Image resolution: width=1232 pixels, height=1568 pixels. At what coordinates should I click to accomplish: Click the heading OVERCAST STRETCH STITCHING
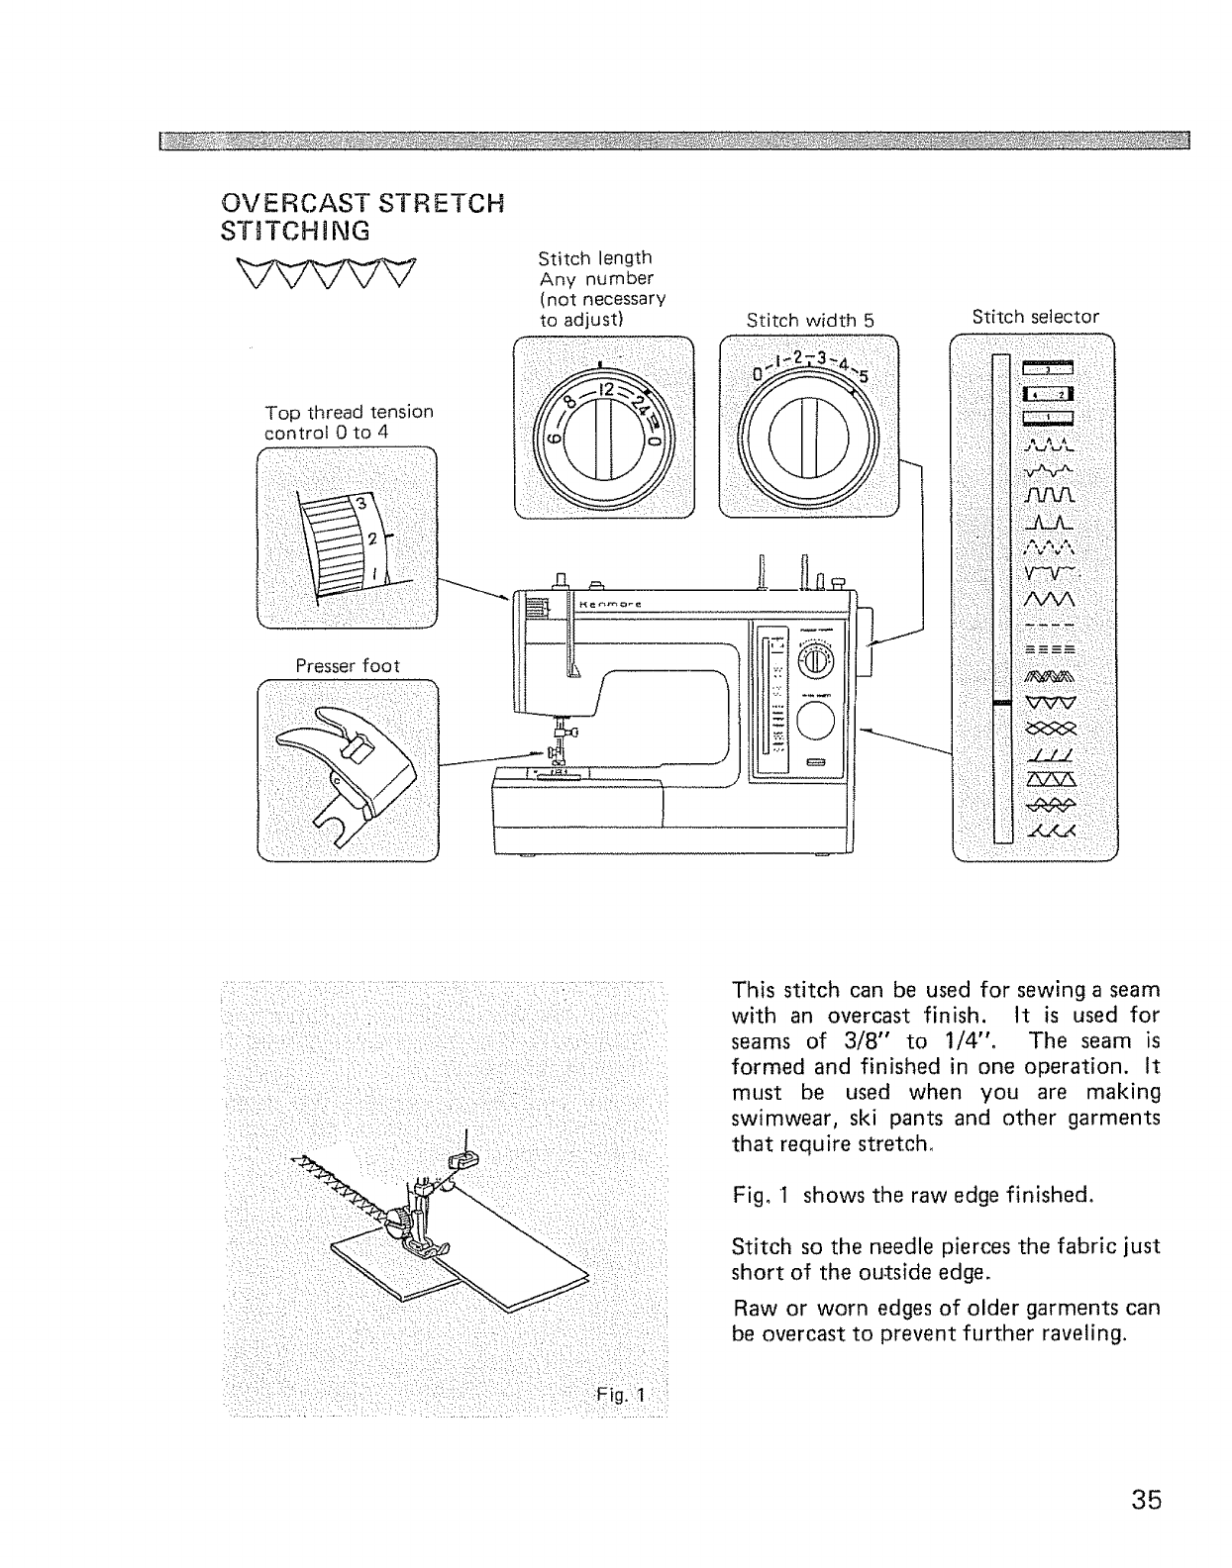(361, 218)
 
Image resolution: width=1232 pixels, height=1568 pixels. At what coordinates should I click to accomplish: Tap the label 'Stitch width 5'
(810, 320)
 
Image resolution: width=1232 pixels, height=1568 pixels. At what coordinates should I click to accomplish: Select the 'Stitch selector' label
(1035, 317)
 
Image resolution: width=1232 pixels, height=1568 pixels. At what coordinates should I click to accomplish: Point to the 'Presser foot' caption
(348, 666)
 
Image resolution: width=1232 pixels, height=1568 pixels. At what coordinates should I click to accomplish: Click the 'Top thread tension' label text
(349, 412)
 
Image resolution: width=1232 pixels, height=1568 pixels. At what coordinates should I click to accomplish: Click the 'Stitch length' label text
(594, 258)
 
